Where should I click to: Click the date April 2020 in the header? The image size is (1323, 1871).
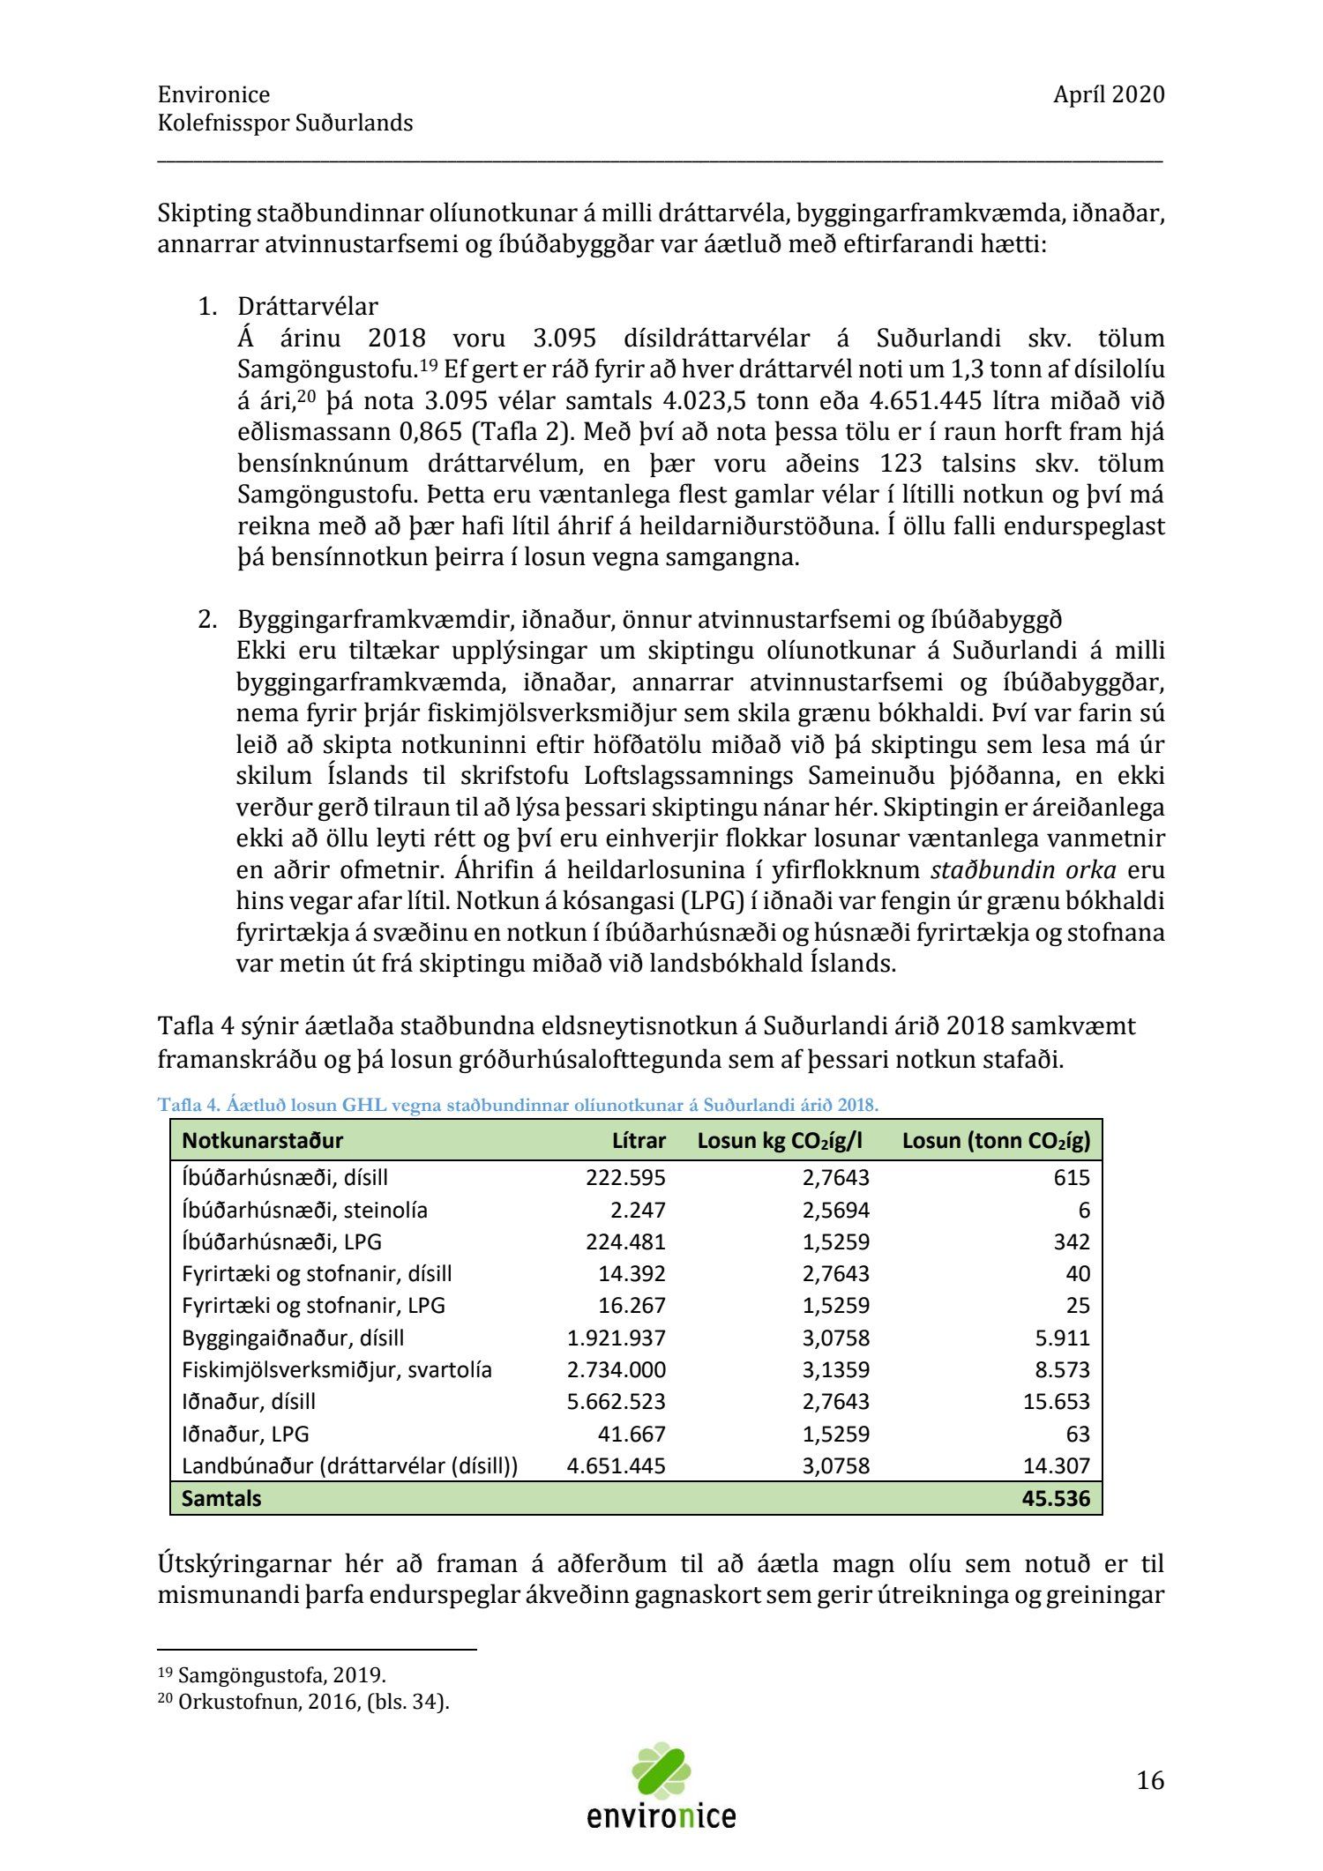(x=1108, y=94)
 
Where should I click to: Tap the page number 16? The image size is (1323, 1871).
(x=1150, y=1780)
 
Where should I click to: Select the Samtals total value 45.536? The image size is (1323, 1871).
(x=1056, y=1498)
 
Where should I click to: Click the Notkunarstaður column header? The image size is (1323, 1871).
(x=262, y=1140)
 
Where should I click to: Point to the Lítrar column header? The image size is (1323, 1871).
(x=639, y=1140)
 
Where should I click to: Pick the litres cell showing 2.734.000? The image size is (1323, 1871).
(x=617, y=1369)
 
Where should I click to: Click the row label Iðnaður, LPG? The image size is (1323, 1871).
(x=245, y=1434)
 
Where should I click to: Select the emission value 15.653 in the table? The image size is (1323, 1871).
(x=1056, y=1401)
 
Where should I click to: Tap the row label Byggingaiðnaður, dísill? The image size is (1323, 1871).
(x=293, y=1338)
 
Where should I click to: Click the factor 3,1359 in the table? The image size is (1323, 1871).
(x=835, y=1369)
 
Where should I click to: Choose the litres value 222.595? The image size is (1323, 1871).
(x=625, y=1177)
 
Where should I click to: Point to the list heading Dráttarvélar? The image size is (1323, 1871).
(x=307, y=307)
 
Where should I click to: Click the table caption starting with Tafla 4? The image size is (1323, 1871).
(x=518, y=1104)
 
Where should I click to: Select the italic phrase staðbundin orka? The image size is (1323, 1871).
(x=1023, y=870)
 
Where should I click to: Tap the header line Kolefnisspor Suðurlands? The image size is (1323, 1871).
(x=285, y=123)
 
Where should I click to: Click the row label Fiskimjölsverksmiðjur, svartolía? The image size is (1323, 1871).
(x=337, y=1369)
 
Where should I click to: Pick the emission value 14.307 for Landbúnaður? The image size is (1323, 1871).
(x=1056, y=1465)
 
